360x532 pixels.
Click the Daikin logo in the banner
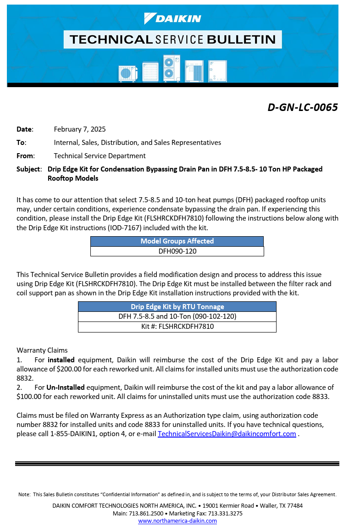(x=172, y=18)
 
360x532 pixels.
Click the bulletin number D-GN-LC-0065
(x=303, y=107)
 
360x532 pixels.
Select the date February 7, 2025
(x=80, y=129)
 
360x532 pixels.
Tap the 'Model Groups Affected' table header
(x=177, y=241)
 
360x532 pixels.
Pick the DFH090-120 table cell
(x=177, y=251)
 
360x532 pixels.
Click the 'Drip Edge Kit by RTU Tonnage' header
(x=177, y=307)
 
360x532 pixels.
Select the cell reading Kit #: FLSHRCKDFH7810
(x=177, y=327)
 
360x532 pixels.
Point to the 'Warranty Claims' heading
(x=42, y=350)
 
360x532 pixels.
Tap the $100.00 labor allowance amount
(x=32, y=396)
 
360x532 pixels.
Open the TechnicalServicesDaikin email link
(x=227, y=434)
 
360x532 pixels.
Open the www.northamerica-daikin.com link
(x=177, y=521)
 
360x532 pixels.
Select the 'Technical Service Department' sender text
(x=100, y=156)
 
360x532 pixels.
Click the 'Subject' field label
(x=28, y=169)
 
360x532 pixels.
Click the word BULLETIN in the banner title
(x=241, y=39)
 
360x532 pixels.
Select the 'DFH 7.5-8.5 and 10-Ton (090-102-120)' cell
(x=177, y=316)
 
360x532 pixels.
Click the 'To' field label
(x=21, y=143)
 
